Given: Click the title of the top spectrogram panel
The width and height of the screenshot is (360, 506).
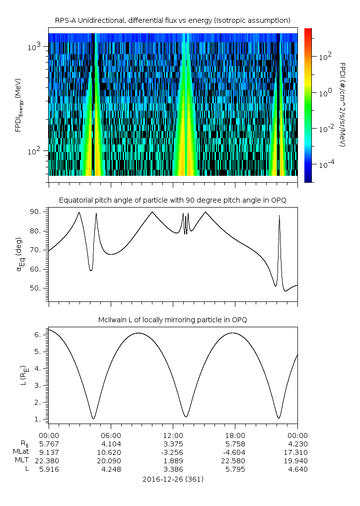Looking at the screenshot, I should (173, 20).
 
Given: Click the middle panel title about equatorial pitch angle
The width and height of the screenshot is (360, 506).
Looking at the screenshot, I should (173, 200).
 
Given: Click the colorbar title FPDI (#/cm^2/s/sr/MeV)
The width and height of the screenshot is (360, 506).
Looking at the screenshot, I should (343, 104).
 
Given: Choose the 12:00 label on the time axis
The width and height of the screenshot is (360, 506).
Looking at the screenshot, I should (173, 434).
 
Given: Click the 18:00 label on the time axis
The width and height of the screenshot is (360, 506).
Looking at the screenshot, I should (235, 434).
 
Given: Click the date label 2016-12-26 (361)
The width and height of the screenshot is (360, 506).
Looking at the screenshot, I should (173, 479).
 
